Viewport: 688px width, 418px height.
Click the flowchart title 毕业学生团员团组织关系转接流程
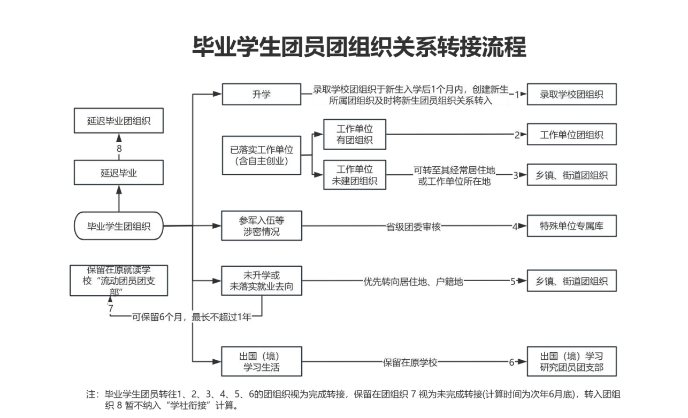359,47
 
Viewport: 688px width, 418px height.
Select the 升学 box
262,95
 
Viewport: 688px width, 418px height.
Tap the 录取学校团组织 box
571,95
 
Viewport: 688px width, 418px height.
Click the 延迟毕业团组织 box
119,121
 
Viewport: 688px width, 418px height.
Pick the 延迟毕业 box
119,173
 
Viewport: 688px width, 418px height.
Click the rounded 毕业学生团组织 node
119,226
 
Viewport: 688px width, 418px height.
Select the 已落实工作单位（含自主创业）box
262,155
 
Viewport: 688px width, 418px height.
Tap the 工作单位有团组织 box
354,134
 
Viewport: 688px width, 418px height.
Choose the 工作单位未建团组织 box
354,175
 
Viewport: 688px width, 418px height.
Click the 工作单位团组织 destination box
571,135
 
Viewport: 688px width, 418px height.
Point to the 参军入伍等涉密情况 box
262,226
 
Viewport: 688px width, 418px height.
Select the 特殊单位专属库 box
571,226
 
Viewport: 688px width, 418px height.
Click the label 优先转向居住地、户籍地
413,281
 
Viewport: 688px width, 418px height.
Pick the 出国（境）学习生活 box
262,362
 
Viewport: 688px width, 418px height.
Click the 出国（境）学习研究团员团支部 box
571,362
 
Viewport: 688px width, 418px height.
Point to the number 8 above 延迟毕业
119,149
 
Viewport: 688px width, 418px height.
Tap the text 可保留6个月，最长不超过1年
191,317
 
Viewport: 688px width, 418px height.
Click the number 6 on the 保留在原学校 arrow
511,362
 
